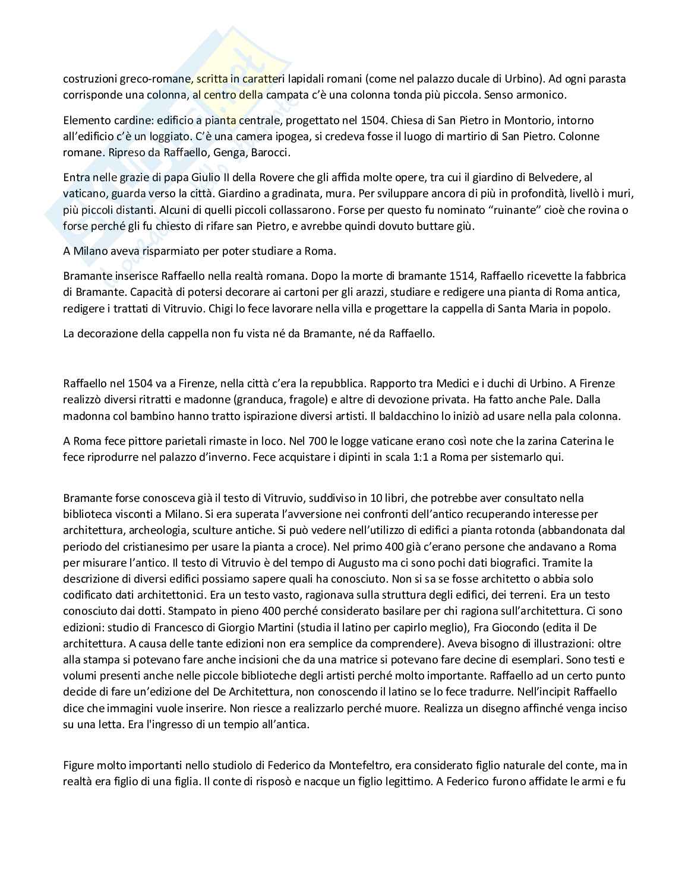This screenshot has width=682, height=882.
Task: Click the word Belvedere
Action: [552, 178]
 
